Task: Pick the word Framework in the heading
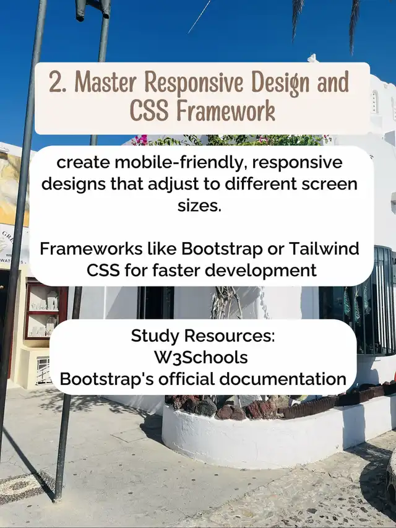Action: pos(226,110)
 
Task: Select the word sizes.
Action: pos(200,206)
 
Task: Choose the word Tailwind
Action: pos(324,249)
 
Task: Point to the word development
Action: pos(261,270)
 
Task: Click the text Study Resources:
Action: pos(203,336)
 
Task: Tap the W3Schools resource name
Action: pos(201,358)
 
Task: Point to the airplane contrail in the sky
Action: pos(199,16)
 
